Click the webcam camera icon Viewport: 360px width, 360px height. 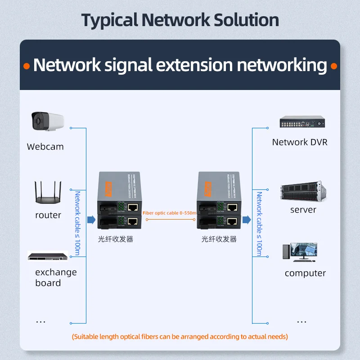tap(47, 122)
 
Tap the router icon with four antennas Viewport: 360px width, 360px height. tap(48, 193)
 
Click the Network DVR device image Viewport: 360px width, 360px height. tap(301, 122)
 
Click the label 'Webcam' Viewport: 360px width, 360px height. tap(45, 147)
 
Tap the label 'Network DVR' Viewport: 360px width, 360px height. tap(300, 142)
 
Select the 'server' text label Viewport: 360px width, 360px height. tap(303, 210)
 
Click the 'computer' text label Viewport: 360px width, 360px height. tap(305, 273)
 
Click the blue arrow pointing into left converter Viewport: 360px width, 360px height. tap(91, 220)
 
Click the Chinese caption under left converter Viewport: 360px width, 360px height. tap(116, 239)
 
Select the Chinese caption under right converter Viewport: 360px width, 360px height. tap(219, 239)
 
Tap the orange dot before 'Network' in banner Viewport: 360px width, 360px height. tap(27, 66)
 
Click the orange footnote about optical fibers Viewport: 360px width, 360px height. tap(180, 337)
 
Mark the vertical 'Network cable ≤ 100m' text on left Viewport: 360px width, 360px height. tap(77, 223)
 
